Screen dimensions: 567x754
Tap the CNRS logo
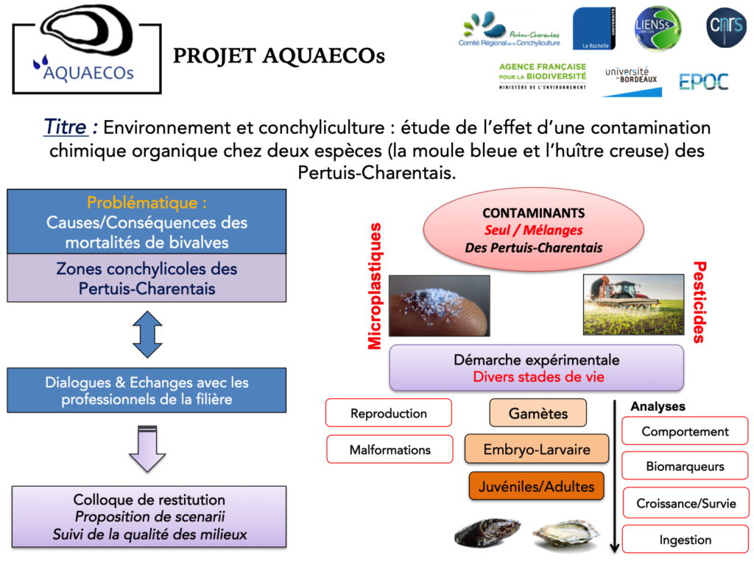(x=726, y=28)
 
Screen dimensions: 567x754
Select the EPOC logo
(x=703, y=82)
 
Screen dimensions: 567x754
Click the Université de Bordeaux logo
(x=630, y=80)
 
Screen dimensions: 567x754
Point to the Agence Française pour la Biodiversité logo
(x=542, y=77)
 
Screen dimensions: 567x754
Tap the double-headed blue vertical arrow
(x=147, y=334)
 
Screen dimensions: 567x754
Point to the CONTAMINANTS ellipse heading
(x=533, y=214)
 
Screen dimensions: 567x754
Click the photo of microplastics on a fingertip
(x=439, y=306)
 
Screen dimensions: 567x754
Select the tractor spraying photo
(x=633, y=304)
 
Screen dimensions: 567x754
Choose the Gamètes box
(x=538, y=413)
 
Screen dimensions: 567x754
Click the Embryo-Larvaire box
(x=537, y=448)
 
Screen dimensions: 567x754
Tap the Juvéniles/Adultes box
(x=537, y=486)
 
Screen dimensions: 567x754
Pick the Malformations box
(x=390, y=449)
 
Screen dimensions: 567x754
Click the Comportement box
(x=685, y=432)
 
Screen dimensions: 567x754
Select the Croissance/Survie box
(x=685, y=504)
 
